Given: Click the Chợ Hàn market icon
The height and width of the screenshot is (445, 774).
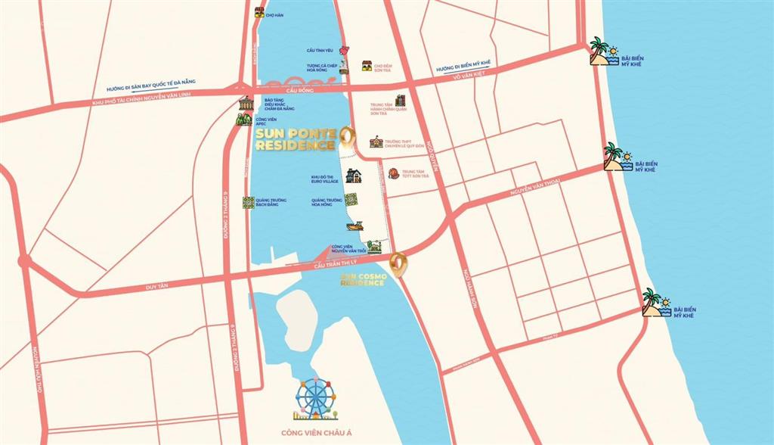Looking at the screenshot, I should click(259, 12).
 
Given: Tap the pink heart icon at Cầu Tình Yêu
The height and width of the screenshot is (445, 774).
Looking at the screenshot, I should click(345, 51).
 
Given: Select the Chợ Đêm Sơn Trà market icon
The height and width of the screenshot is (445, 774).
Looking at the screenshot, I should click(367, 66).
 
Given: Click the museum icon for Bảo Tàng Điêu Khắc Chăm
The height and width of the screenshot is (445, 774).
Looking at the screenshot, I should click(246, 104).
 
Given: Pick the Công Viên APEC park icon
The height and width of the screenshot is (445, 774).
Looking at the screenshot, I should click(243, 119).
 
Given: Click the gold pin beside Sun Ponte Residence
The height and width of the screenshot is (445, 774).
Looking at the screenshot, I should click(346, 135).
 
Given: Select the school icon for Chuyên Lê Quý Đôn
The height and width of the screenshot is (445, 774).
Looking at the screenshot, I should click(376, 142).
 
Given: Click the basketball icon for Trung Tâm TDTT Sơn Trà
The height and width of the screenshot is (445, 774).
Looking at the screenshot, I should click(393, 173).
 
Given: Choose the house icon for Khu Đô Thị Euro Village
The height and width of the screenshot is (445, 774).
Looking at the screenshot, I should click(353, 176).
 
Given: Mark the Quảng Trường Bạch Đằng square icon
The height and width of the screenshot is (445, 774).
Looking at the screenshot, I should click(248, 202).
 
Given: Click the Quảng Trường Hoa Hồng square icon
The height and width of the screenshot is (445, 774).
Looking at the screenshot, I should click(351, 199).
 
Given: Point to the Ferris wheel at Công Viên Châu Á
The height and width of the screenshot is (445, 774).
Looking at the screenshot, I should click(312, 398).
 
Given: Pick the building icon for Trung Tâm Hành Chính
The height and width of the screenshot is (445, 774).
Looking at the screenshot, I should click(400, 101).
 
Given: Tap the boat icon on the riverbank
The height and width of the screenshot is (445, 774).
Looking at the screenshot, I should click(354, 226).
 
